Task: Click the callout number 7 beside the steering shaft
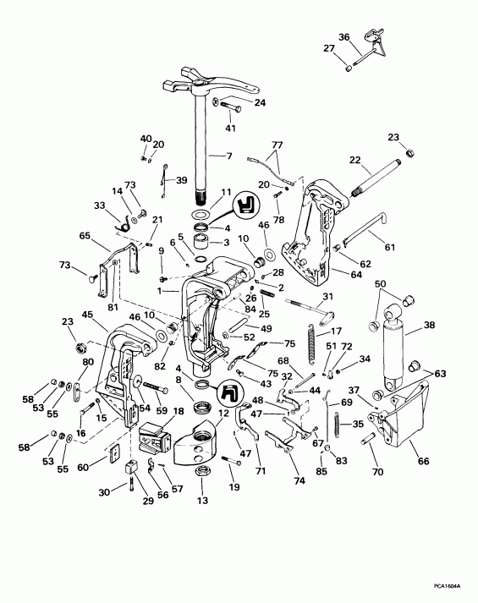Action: [228, 156]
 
